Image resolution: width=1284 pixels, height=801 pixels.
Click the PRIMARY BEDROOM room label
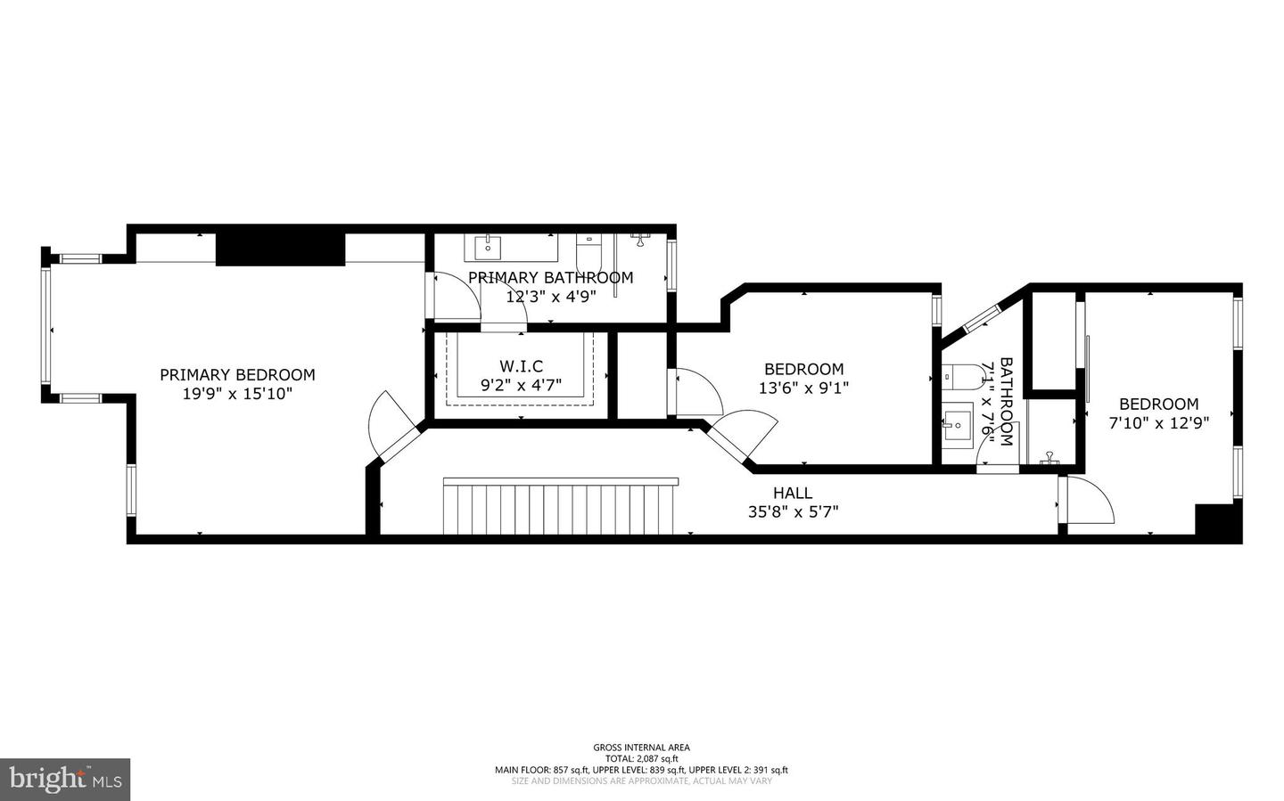237,375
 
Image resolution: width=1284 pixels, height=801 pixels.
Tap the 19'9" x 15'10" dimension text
237,394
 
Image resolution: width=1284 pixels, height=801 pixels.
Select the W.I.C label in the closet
521,366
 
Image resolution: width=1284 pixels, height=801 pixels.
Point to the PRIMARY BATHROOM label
550,278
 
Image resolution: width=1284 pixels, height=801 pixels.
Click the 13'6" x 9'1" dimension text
803,388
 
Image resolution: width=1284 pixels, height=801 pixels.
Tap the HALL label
793,493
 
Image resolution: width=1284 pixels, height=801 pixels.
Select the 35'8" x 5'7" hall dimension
793,511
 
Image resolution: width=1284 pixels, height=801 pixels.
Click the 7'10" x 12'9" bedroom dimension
1158,423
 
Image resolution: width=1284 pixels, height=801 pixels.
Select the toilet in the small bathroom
958,378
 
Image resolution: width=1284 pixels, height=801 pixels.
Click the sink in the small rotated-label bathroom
959,424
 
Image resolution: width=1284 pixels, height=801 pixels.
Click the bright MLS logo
65,780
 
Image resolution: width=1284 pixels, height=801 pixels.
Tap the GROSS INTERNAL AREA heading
641,748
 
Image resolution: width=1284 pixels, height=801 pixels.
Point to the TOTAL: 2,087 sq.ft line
641,759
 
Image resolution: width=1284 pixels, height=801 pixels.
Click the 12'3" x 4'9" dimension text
550,297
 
